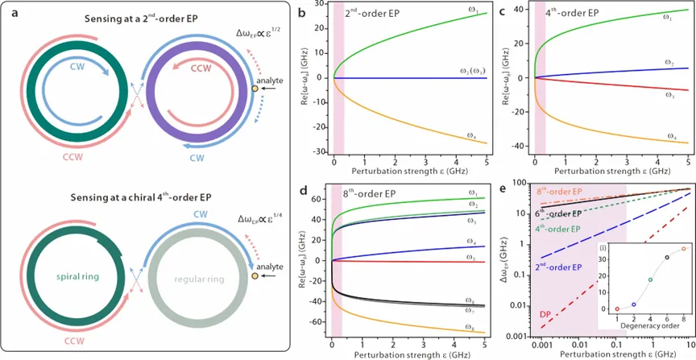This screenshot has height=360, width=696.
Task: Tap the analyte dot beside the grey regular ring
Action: [255, 278]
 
